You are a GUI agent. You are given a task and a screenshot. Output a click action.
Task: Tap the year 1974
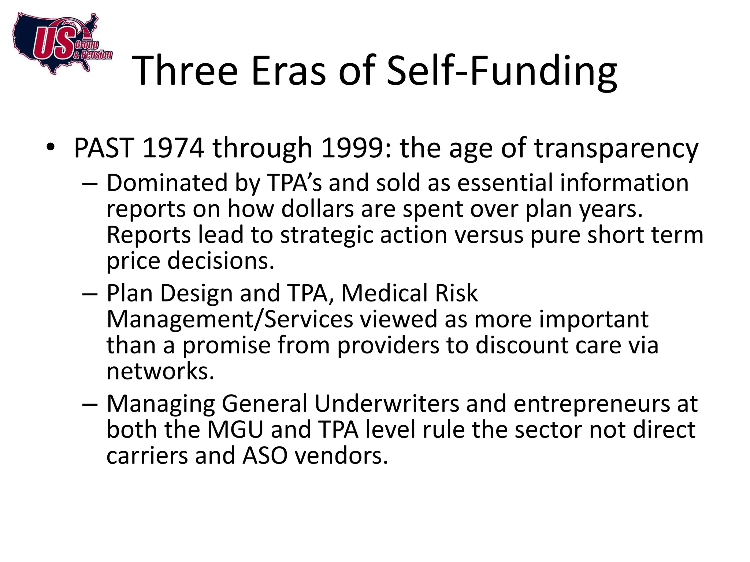tap(172, 148)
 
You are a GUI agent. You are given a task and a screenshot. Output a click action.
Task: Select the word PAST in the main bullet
tap(103, 148)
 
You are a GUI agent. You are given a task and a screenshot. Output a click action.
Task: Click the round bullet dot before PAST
tap(50, 147)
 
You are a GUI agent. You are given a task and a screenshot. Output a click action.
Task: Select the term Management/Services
tap(230, 319)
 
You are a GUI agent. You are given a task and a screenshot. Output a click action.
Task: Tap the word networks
tap(160, 371)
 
